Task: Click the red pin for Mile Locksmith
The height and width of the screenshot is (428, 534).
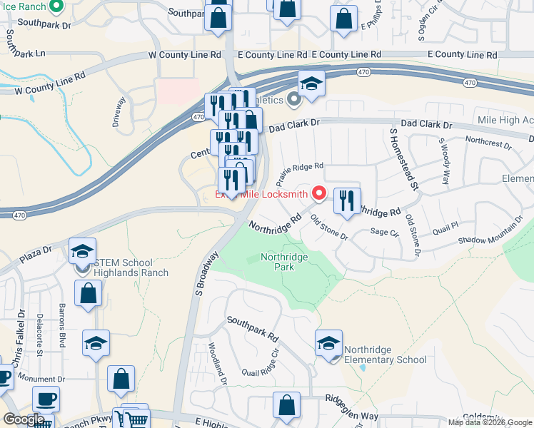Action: [x=318, y=193]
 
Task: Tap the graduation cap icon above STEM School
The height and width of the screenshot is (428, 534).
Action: [x=83, y=250]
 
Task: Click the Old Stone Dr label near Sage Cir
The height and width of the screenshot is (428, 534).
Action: [x=329, y=226]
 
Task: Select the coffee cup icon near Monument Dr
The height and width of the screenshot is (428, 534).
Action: [x=46, y=399]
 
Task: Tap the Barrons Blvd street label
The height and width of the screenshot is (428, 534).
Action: [x=61, y=333]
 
